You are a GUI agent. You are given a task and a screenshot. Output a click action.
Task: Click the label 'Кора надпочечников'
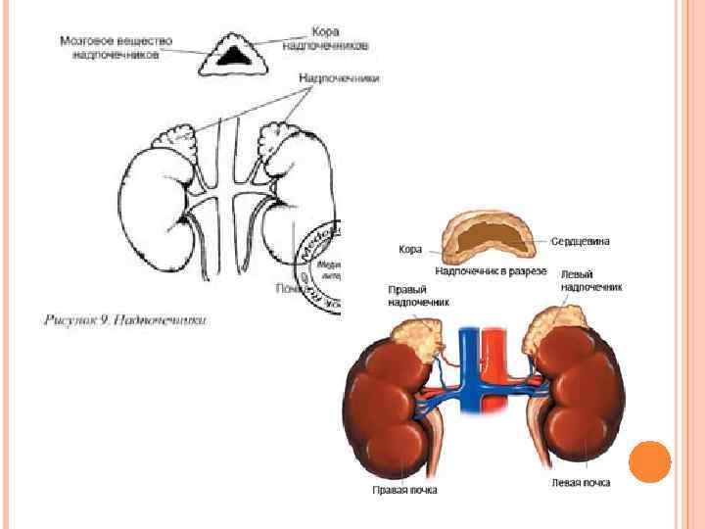pyautogui.click(x=325, y=38)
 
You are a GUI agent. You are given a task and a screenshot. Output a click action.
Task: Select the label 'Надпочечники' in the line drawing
pyautogui.click(x=339, y=78)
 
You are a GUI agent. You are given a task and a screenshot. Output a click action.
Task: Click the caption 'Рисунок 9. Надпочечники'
pyautogui.click(x=124, y=319)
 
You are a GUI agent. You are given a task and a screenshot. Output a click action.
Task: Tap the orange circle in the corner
pyautogui.click(x=649, y=461)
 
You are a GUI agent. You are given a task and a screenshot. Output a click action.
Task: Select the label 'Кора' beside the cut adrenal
pyautogui.click(x=410, y=250)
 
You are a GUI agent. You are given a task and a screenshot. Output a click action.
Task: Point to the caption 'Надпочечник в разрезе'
pyautogui.click(x=490, y=270)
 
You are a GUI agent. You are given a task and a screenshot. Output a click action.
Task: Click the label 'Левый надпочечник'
pyautogui.click(x=590, y=281)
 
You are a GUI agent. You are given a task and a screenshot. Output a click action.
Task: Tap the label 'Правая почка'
pyautogui.click(x=404, y=490)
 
